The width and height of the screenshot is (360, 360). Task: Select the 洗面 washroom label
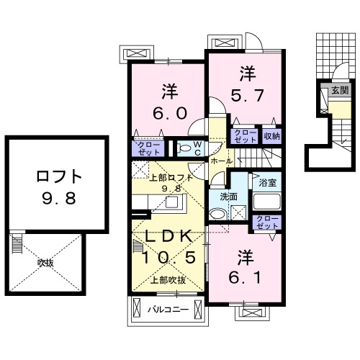228,195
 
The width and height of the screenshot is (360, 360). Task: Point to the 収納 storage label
271,134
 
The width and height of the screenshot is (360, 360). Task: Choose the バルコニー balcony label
168,310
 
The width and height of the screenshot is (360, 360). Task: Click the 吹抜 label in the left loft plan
46,263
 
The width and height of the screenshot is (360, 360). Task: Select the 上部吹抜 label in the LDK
168,280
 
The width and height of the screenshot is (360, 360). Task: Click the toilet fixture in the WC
184,148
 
